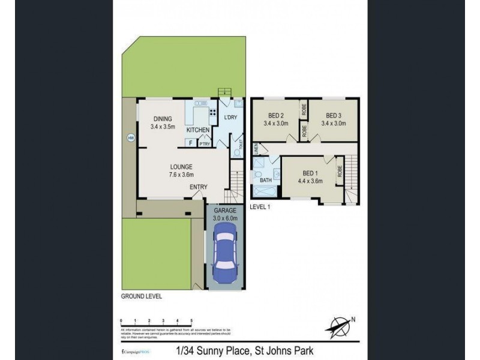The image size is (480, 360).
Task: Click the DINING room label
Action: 163,119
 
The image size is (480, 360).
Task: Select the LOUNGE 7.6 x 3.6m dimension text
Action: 181,175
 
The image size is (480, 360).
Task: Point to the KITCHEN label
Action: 198,130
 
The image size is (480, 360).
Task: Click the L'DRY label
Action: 230,118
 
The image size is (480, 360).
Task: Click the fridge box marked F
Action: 190,143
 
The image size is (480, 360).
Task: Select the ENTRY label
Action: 199,187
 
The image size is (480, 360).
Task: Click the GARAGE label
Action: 226,211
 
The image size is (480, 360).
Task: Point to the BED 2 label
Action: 275,115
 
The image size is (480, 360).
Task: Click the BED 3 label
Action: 334,115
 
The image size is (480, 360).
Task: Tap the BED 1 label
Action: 310,172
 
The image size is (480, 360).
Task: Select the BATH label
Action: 265,179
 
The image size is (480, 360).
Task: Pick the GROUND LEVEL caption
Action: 142,296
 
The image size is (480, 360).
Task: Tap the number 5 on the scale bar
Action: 191,321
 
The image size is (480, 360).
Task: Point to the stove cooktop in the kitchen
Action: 212,112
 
